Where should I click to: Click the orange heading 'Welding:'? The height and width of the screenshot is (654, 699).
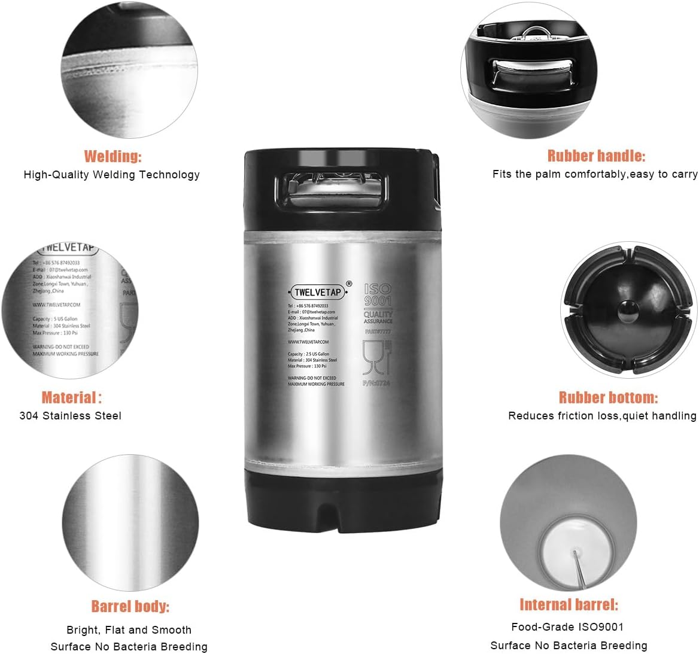pyautogui.click(x=113, y=157)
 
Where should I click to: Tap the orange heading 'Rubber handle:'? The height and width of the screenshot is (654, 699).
pyautogui.click(x=596, y=156)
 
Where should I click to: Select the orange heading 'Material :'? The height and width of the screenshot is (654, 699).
pyautogui.click(x=71, y=397)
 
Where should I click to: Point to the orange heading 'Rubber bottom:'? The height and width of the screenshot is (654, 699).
pyautogui.click(x=608, y=397)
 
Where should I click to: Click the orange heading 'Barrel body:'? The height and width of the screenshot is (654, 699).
pyautogui.click(x=130, y=606)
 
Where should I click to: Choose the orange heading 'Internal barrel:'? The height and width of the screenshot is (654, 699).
pyautogui.click(x=569, y=604)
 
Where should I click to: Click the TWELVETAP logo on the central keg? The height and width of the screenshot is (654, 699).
pyautogui.click(x=318, y=293)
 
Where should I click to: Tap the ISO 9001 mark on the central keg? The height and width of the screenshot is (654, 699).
pyautogui.click(x=378, y=294)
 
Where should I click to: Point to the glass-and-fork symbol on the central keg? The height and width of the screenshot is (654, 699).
pyautogui.click(x=376, y=357)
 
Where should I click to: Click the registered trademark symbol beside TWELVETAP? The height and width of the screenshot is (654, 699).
pyautogui.click(x=349, y=284)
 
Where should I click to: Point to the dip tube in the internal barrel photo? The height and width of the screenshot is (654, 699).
pyautogui.click(x=579, y=568)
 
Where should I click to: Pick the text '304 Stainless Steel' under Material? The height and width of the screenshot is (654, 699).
pyautogui.click(x=70, y=416)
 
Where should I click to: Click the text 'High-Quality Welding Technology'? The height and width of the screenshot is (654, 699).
pyautogui.click(x=111, y=175)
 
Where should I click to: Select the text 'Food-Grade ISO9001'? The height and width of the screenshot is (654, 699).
pyautogui.click(x=567, y=627)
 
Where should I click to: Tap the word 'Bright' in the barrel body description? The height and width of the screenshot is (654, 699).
pyautogui.click(x=83, y=630)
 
